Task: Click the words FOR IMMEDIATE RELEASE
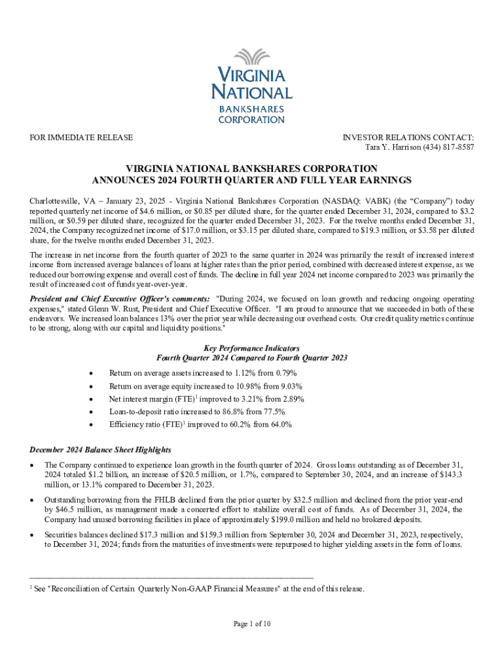pos(82,137)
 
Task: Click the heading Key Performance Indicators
pos(252,349)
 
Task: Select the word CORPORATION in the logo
pos(252,120)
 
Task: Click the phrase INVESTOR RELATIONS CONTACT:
pos(408,137)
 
